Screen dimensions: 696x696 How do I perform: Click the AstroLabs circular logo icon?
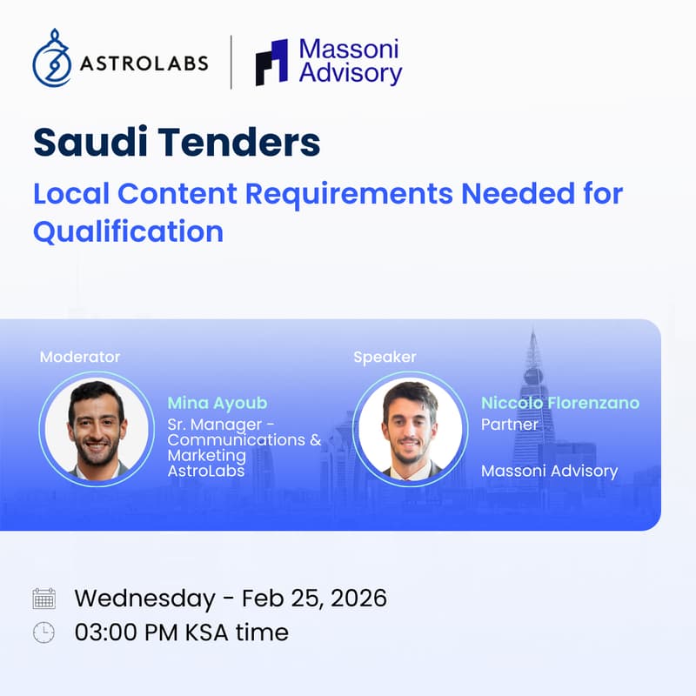[x=51, y=62]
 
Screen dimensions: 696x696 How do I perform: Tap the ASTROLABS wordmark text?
[x=144, y=64]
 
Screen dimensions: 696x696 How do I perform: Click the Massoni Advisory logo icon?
[x=271, y=63]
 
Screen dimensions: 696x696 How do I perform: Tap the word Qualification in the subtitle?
[x=128, y=232]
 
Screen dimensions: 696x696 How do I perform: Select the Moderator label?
[x=80, y=357]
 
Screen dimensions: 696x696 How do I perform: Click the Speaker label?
[x=385, y=357]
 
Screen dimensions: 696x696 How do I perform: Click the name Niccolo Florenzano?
[x=560, y=403]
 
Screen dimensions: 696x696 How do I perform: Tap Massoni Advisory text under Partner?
[x=549, y=472]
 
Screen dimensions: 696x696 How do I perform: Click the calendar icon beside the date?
[x=43, y=599]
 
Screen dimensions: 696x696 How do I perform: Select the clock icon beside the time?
[x=43, y=632]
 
